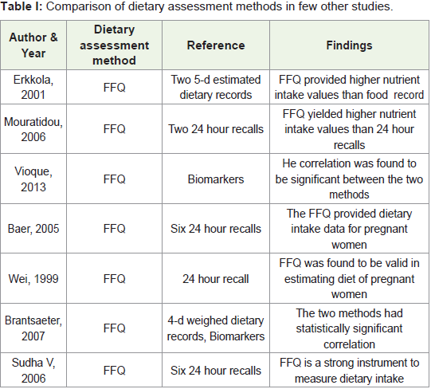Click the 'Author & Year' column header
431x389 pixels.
pos(33,45)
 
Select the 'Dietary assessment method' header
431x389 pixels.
pos(114,45)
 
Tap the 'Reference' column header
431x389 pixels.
pos(216,45)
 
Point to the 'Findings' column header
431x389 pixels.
pos(349,45)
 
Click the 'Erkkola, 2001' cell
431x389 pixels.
pos(33,87)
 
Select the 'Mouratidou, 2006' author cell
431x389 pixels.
pos(33,129)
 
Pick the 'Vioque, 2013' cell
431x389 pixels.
pos(33,179)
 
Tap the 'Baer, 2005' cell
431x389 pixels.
pos(33,229)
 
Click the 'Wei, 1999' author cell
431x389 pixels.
pos(33,279)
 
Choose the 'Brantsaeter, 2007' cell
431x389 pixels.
pos(33,328)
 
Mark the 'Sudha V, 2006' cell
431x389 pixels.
pos(33,371)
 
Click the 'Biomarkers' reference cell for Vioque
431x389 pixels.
pos(216,179)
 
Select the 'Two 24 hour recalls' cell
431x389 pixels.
pos(216,129)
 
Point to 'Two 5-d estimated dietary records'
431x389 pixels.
pos(216,87)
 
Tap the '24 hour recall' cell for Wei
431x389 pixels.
pos(216,279)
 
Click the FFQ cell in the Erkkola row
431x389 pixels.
pos(114,88)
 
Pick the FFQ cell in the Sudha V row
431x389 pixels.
pos(114,371)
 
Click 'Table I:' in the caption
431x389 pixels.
pos(22,6)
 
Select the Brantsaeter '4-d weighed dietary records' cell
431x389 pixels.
pos(216,328)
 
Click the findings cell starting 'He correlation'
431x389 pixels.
pos(349,179)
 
